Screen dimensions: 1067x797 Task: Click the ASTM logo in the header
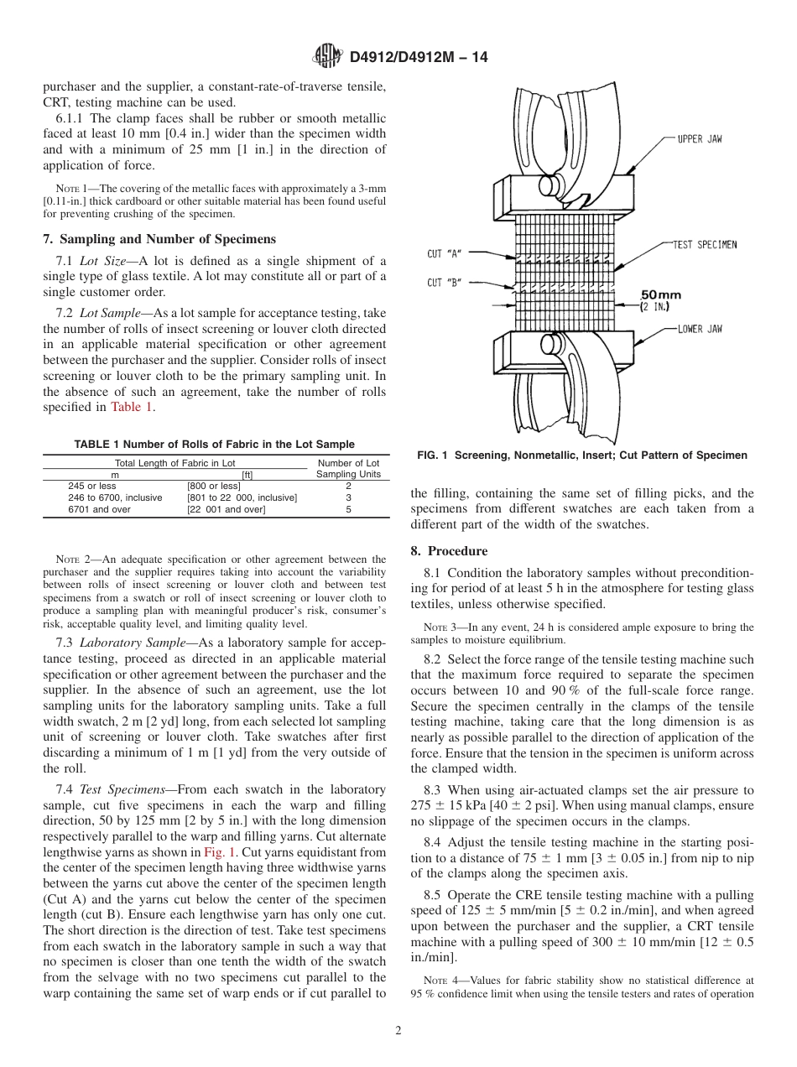click(x=327, y=56)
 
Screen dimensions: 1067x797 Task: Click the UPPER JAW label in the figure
click(x=699, y=139)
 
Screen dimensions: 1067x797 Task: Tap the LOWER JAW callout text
click(x=699, y=330)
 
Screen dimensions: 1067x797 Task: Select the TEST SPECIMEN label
click(x=705, y=245)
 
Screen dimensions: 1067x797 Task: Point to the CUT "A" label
click(x=444, y=252)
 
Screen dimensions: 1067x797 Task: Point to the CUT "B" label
click(x=444, y=283)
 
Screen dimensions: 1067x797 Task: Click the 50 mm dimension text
click(x=661, y=295)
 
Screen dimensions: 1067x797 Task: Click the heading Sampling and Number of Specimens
click(x=159, y=239)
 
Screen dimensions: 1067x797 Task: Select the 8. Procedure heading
click(x=449, y=551)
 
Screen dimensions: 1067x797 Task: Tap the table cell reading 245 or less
click(x=92, y=486)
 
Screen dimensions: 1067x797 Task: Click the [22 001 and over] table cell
click(x=226, y=509)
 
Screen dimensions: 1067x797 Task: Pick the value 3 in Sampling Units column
click(x=347, y=497)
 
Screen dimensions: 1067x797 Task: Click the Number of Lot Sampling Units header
click(x=347, y=468)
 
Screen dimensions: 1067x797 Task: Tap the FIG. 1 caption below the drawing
click(x=581, y=455)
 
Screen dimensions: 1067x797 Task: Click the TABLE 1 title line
click(x=215, y=445)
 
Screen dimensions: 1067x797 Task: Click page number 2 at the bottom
click(x=398, y=1031)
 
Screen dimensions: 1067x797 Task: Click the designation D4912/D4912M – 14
click(x=419, y=57)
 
